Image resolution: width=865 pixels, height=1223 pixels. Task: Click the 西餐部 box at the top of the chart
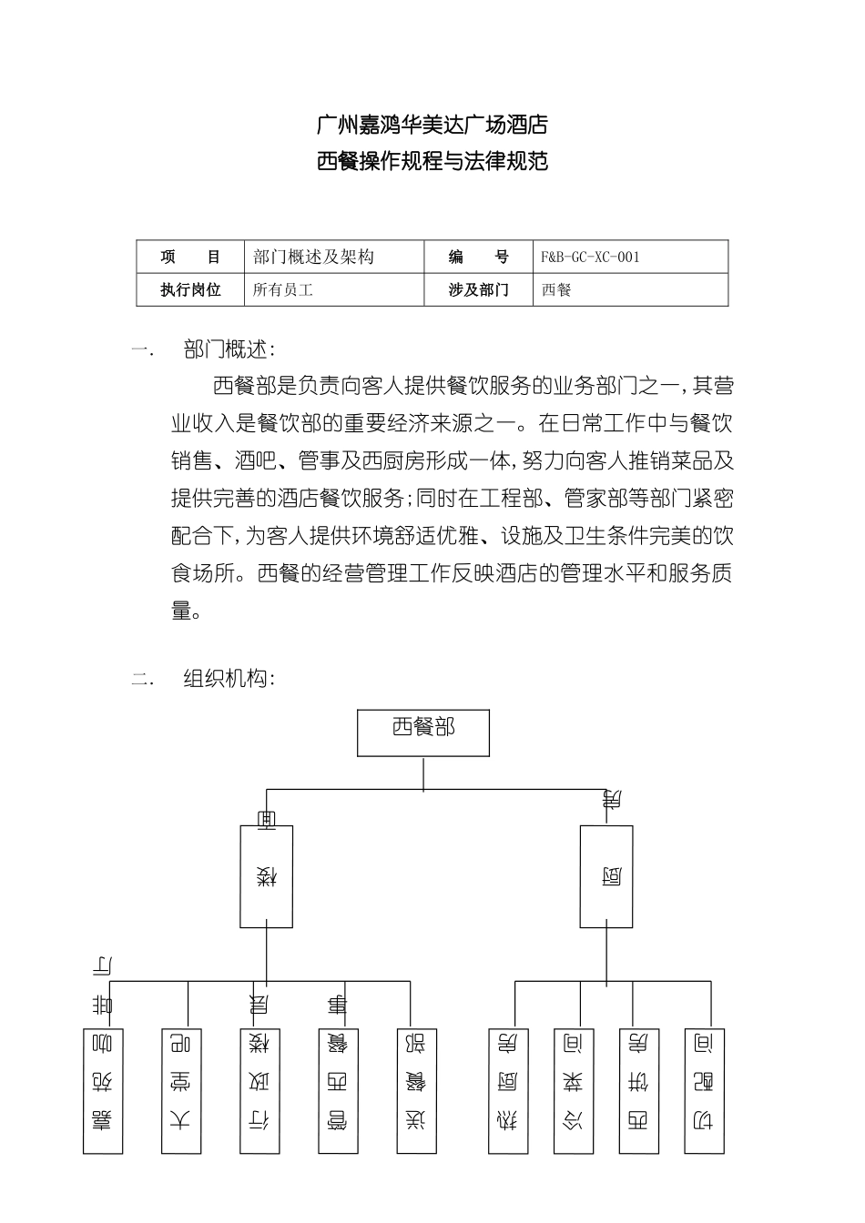click(423, 733)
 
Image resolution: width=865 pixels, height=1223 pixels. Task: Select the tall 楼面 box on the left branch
click(266, 875)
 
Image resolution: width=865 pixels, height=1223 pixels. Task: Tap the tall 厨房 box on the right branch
click(607, 875)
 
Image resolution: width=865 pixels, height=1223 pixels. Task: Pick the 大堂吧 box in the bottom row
click(181, 1091)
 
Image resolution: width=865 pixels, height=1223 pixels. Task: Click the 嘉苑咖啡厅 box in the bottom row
click(103, 1091)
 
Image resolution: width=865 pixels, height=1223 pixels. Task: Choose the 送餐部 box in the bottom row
click(417, 1091)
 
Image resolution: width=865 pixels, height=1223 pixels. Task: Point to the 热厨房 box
click(510, 1091)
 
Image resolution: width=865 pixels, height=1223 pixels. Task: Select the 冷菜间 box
click(574, 1091)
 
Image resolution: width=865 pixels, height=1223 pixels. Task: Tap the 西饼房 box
click(639, 1091)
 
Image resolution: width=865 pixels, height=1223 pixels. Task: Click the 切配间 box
click(705, 1091)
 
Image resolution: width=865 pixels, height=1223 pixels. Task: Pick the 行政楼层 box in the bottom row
click(260, 1091)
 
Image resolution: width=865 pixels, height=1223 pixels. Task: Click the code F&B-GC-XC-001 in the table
click(590, 257)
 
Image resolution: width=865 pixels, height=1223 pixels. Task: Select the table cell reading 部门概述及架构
click(314, 257)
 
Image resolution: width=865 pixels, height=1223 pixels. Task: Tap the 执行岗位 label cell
click(191, 290)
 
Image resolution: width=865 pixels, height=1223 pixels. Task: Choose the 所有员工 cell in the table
click(283, 290)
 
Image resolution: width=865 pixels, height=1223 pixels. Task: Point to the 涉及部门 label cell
click(479, 290)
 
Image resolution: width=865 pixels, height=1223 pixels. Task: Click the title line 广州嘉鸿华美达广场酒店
click(432, 124)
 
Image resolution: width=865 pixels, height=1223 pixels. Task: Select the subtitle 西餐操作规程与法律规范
click(432, 162)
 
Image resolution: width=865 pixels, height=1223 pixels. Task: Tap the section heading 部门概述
click(229, 349)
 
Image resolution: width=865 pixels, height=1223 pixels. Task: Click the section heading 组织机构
click(229, 678)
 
